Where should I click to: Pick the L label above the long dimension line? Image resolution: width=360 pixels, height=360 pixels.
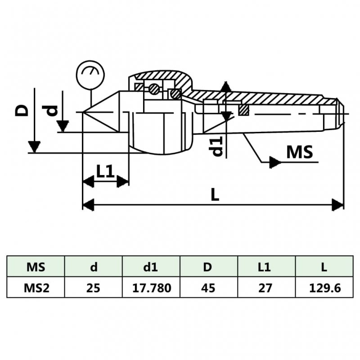pos(215,195)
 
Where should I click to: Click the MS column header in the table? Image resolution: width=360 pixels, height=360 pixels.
pos(36,267)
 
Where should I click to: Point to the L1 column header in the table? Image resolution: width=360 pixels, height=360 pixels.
pos(265,267)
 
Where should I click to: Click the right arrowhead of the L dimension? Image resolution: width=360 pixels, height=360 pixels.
pos(337,204)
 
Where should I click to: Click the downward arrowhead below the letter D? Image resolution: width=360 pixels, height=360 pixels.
pos(34,147)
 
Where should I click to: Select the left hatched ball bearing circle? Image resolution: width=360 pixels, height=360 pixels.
pos(154,89)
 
